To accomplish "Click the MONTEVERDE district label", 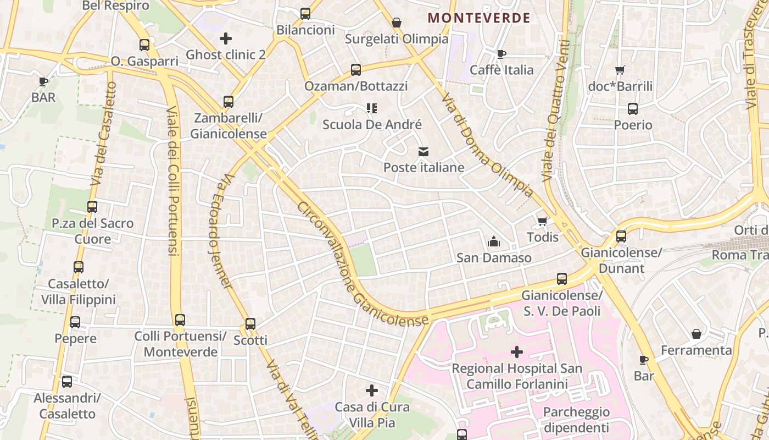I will tap(479, 18).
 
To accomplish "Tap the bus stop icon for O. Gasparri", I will tap(144, 45).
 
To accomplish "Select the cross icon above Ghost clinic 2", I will tap(225, 38).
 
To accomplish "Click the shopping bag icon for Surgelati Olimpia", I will tap(397, 23).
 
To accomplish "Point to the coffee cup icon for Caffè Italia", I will tap(501, 53).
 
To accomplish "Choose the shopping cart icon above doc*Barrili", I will tap(620, 70).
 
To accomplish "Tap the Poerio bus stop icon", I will tap(633, 108).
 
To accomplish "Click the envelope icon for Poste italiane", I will tap(423, 151).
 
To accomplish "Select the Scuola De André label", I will tap(372, 125).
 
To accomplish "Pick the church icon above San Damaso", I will tap(494, 241).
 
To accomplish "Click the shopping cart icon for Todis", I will tap(543, 221).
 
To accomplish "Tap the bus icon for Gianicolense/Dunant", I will tap(621, 236).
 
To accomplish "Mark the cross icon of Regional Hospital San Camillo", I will tap(517, 351).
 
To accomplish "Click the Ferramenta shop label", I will tap(696, 350).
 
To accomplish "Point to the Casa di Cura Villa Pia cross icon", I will tap(372, 391).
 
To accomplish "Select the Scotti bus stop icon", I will tap(250, 323).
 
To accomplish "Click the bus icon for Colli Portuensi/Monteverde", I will tap(180, 320).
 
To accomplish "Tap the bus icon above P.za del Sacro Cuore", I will tap(92, 207).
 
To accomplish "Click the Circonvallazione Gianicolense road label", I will tap(363, 264).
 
